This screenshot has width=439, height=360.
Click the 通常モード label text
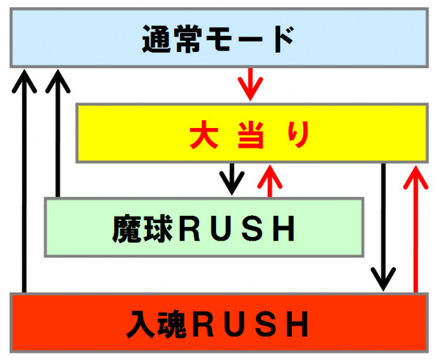point(218,39)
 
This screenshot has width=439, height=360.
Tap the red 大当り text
point(249,135)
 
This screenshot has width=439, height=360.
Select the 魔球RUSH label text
point(203,228)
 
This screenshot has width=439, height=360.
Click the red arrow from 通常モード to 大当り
point(250,84)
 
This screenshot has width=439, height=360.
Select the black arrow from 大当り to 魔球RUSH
point(232,179)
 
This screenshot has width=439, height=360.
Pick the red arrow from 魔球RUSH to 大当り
point(270,181)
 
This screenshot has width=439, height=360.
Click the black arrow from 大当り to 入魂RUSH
point(383,228)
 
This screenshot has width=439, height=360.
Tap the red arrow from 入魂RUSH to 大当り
point(416,229)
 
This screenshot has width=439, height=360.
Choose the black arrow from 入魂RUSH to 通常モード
point(24,181)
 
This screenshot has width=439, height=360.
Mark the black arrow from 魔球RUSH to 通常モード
point(58,133)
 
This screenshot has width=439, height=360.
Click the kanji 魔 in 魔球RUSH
point(127,228)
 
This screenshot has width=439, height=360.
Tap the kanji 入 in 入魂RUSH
point(140,323)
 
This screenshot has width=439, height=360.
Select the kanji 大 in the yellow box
point(204,135)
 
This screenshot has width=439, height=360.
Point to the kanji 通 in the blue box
point(157,39)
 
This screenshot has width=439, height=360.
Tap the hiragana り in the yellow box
point(299,135)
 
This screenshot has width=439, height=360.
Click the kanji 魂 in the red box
point(172,323)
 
